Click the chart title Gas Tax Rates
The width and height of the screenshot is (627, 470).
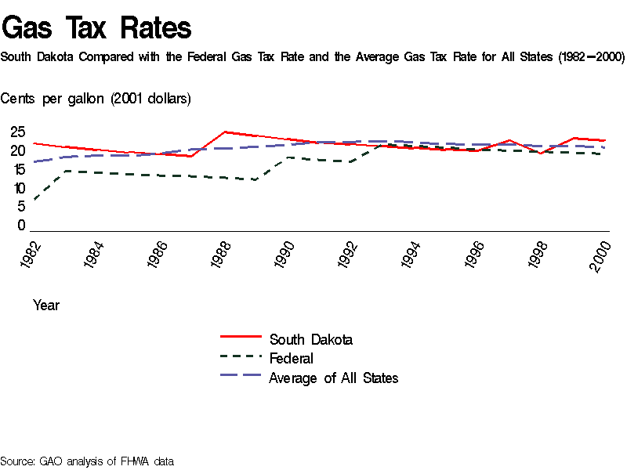96,28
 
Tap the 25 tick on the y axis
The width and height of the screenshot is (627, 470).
17,132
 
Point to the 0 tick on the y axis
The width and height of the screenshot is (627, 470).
21,226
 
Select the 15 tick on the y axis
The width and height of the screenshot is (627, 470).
17,169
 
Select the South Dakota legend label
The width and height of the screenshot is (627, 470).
310,339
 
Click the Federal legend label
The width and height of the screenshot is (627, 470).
291,359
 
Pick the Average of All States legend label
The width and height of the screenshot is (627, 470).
333,378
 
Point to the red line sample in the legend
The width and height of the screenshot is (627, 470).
241,336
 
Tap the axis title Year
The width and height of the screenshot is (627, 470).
46,305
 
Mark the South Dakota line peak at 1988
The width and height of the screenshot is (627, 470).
225,132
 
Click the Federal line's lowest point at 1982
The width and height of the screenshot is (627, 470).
33,201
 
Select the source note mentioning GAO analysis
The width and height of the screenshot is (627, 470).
86,461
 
